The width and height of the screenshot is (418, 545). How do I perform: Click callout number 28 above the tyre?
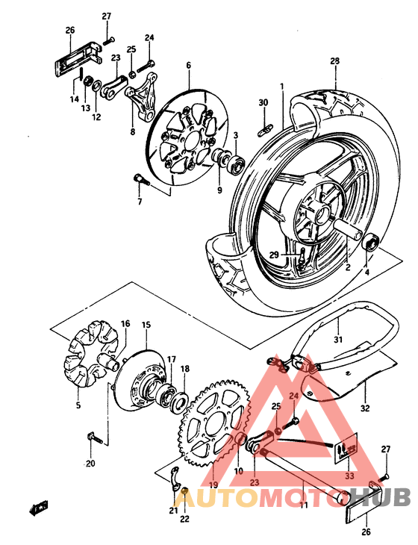(x=334, y=60)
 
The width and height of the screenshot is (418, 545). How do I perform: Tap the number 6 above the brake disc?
(x=189, y=66)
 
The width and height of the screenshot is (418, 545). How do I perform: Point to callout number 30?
(x=263, y=102)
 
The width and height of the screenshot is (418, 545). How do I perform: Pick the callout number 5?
(x=78, y=406)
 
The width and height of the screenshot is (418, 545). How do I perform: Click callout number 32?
(x=365, y=408)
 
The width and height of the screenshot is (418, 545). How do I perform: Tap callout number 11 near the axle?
(x=303, y=505)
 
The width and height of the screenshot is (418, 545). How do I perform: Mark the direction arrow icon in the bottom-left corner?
(x=37, y=510)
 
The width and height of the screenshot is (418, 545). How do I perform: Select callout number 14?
(x=75, y=99)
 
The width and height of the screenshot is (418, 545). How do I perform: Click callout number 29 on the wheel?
(x=274, y=255)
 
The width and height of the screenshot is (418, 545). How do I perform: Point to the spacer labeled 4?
(x=368, y=243)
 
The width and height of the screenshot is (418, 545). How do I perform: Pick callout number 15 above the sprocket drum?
(x=146, y=325)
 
